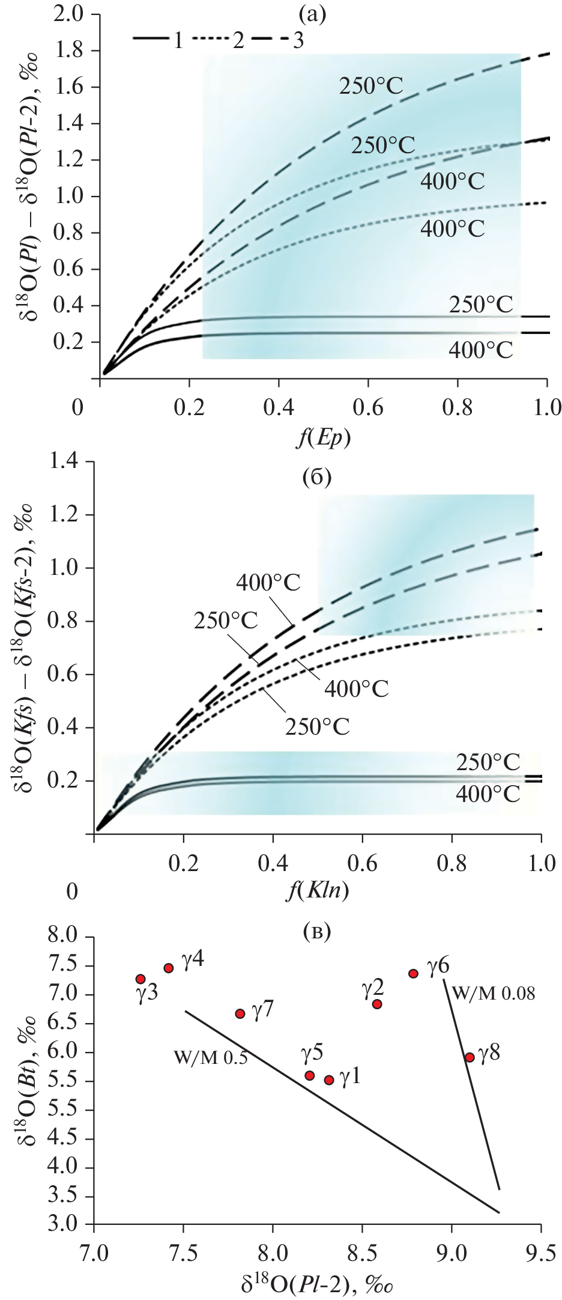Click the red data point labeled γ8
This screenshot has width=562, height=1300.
tap(470, 1057)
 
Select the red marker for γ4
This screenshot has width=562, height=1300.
tap(169, 968)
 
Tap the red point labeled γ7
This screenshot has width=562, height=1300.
tap(240, 1013)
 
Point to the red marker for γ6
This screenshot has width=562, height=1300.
tap(413, 973)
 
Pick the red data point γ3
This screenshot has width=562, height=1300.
tap(140, 979)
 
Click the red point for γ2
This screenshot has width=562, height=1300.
tap(377, 1003)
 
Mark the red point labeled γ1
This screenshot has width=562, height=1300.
tap(329, 1080)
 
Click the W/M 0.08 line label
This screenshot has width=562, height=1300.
tap(493, 993)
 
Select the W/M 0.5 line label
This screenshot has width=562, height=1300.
tap(210, 1057)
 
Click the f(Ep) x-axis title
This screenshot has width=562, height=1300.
tap(324, 439)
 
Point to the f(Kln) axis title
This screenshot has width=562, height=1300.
tap(318, 890)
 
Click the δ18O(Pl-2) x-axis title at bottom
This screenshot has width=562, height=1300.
tap(318, 1284)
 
